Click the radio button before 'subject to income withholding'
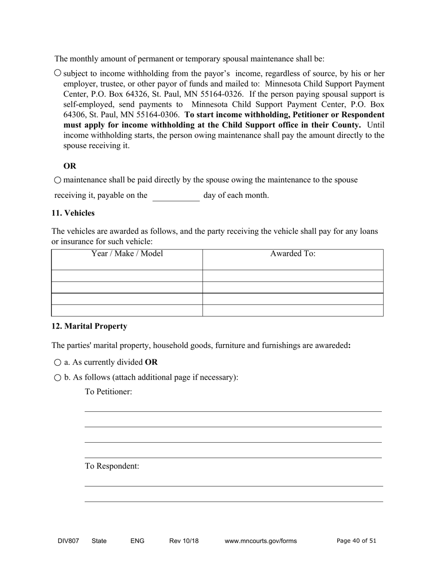pos(57,73)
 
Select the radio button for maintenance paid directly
pos(57,180)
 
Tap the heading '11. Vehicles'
pos(73,213)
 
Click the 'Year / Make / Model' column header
pos(127,254)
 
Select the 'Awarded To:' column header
pos(293,254)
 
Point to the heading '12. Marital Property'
pos(89,326)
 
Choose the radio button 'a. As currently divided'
pos(57,363)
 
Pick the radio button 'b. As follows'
pos(57,378)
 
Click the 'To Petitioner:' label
pos(109,392)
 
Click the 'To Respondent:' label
pos(112,466)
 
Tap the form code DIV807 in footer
pos(68,541)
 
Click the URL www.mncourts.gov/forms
pos(260,541)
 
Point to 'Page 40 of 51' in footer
pos(356,541)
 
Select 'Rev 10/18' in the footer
pos(184,541)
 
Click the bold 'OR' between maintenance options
pos(70,166)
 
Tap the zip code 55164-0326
pos(221,94)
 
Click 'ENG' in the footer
pos(137,541)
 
